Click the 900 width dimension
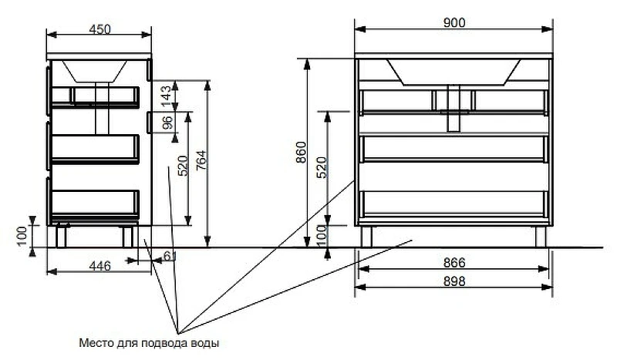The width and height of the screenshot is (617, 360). tap(454, 23)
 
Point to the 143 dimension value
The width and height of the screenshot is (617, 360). tap(165, 95)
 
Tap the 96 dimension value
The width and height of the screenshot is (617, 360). tap(165, 122)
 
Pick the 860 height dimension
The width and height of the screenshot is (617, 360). tap(301, 154)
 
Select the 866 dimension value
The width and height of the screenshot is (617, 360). tap(454, 263)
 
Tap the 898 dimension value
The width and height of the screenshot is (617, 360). tap(454, 282)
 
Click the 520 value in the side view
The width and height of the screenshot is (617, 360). tap(183, 166)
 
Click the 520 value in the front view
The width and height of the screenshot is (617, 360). tap(322, 167)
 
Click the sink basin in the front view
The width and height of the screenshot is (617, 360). tap(454, 70)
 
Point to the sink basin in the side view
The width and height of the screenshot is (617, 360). tap(97, 71)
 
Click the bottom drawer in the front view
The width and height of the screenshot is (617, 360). tap(454, 201)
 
